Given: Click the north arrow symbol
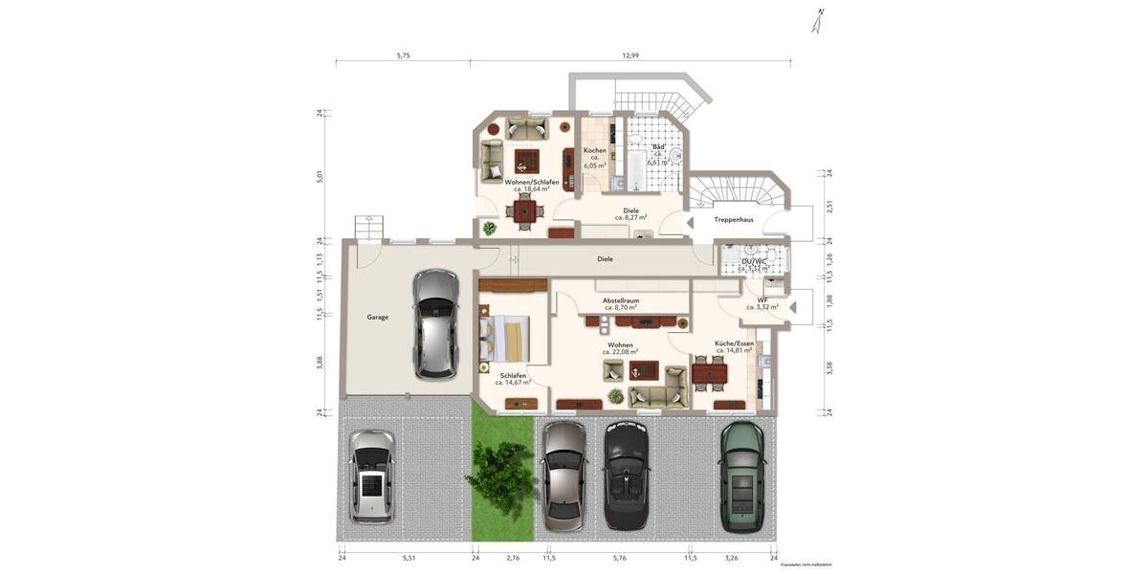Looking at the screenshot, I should [x=819, y=22].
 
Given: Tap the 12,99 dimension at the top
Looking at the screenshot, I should [x=630, y=55].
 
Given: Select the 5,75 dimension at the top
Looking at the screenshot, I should [x=403, y=55].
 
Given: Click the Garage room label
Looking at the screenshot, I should [x=378, y=317].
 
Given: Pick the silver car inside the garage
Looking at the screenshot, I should [x=435, y=323].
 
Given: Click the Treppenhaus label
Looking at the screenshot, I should [x=734, y=219].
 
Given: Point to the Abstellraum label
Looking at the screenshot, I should [x=620, y=300].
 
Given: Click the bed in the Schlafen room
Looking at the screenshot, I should [x=503, y=339].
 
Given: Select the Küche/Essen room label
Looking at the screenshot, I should [x=734, y=343].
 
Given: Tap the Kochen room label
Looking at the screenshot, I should [x=595, y=151].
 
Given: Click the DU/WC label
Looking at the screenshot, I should [x=755, y=261].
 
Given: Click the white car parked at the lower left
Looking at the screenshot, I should [x=371, y=475].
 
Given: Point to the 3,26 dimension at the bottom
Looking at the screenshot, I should [x=732, y=557].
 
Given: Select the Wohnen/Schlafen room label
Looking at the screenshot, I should [x=531, y=182].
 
